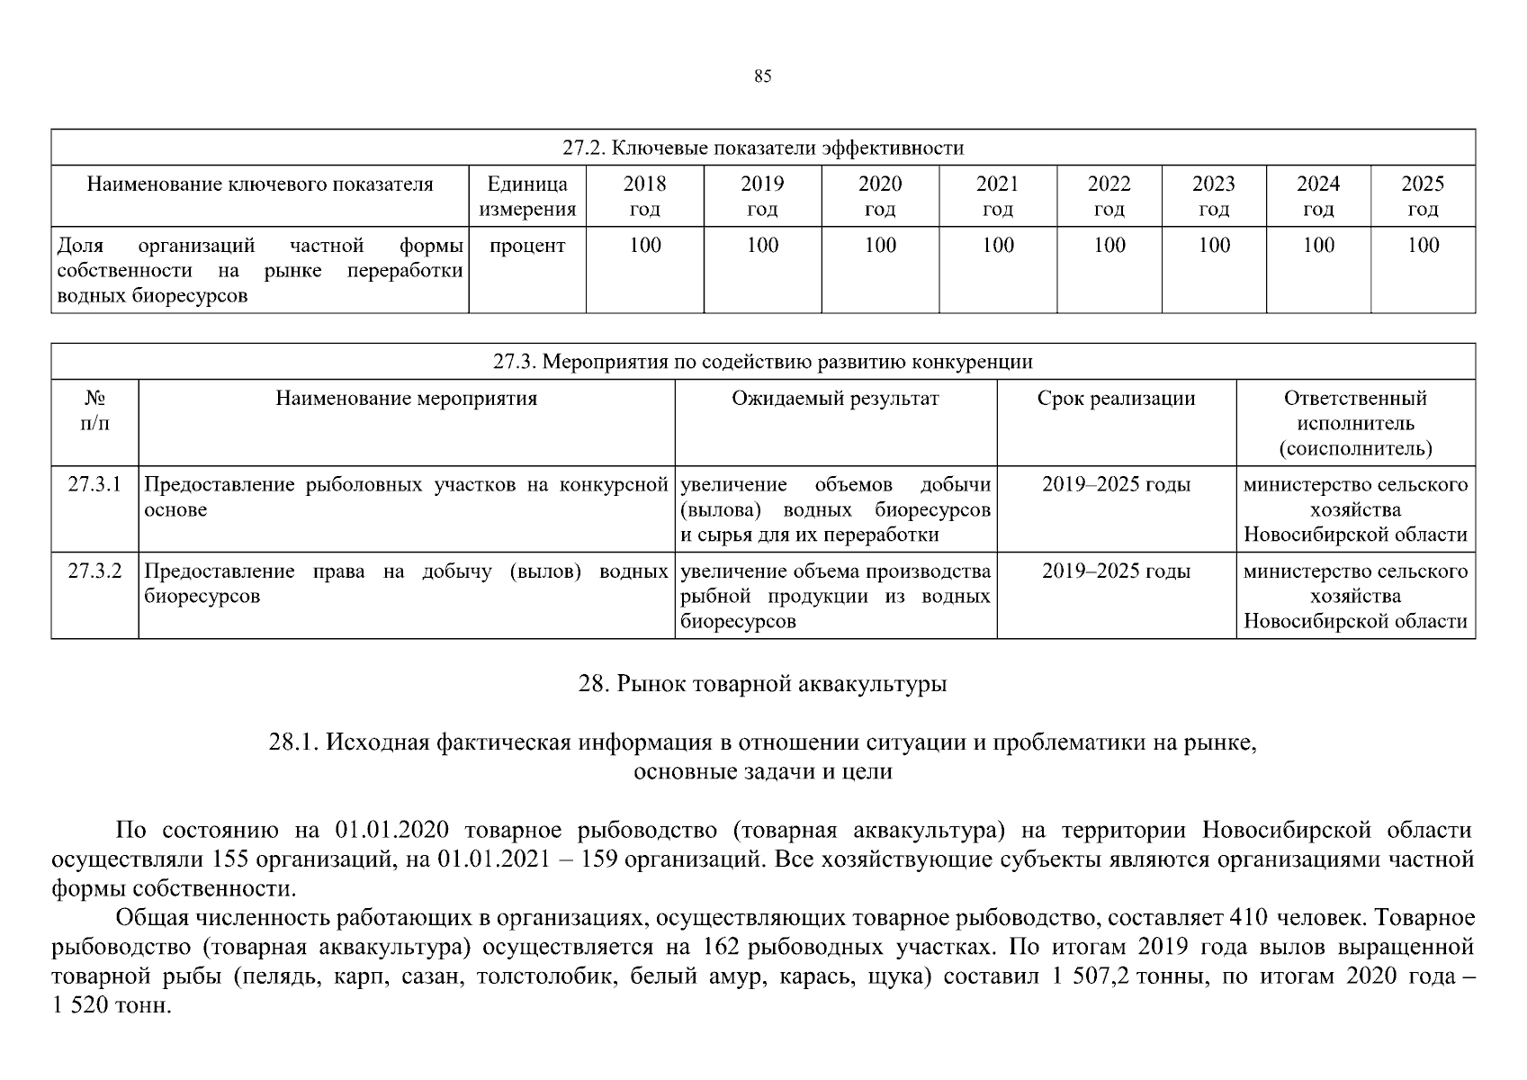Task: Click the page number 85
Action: tap(762, 76)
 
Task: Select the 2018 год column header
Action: tap(644, 196)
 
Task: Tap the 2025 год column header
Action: tap(1422, 196)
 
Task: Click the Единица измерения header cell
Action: tap(527, 196)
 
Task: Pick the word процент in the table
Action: tap(527, 246)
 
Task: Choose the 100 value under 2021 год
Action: tap(997, 246)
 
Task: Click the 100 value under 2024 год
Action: tap(1318, 246)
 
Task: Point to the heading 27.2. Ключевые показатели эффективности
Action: tap(762, 148)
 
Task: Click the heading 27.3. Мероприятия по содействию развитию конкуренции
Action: tap(762, 362)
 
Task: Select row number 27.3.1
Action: tap(94, 485)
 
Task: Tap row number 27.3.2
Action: tap(94, 571)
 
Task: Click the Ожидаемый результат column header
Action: tap(835, 399)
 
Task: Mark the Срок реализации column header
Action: tap(1116, 399)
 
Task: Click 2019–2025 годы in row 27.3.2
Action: tap(1116, 571)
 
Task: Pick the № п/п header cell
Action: tap(94, 410)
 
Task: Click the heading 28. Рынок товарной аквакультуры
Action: tap(762, 684)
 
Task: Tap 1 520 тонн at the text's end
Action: tap(111, 1006)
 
